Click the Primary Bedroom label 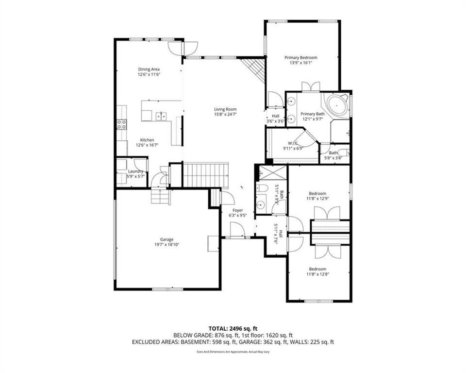point(300,57)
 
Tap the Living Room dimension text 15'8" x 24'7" point(225,115)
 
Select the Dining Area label point(149,69)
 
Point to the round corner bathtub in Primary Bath point(336,105)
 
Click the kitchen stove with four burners point(121,124)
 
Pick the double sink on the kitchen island point(162,116)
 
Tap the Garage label point(167,239)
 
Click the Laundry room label point(135,171)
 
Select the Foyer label point(238,210)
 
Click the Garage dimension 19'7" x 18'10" point(167,245)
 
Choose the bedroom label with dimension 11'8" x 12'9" point(318,193)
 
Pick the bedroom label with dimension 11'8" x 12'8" point(318,269)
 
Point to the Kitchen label point(147,140)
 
